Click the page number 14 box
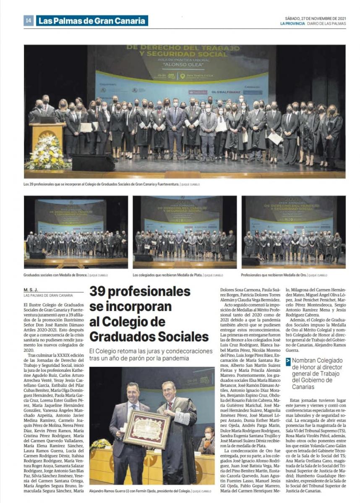pyautogui.click(x=28, y=21)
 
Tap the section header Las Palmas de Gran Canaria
pyautogui.click(x=92, y=21)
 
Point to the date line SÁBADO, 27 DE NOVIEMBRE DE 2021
pyautogui.click(x=315, y=18)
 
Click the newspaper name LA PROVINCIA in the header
pyautogui.click(x=293, y=23)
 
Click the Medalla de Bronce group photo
pyautogui.click(x=76, y=232)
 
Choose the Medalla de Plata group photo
pyautogui.click(x=185, y=232)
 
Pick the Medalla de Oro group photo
pyautogui.click(x=293, y=232)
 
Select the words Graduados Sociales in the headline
pyautogui.click(x=149, y=336)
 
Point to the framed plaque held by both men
pyautogui.click(x=146, y=429)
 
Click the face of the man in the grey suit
pyautogui.click(x=133, y=393)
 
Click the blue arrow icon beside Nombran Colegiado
pyautogui.click(x=288, y=362)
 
